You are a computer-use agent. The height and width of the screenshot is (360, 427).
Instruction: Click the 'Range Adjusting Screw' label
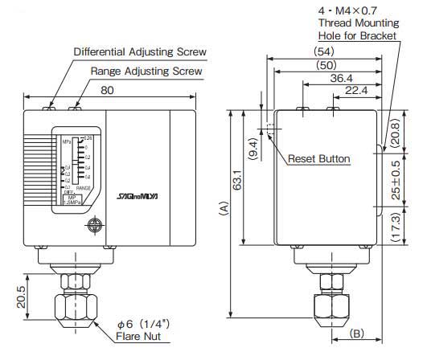(x=146, y=72)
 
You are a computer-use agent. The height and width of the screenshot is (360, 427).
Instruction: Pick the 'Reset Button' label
(x=319, y=159)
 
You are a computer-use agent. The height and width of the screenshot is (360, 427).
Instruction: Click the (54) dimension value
(x=325, y=51)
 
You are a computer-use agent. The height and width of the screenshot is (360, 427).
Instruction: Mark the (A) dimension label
(x=221, y=211)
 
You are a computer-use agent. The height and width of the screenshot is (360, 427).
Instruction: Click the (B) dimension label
(x=357, y=332)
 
